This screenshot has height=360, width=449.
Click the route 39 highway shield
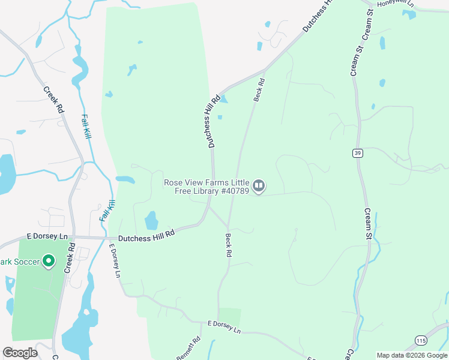click(x=358, y=154)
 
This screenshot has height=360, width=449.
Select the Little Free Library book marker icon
click(x=259, y=186)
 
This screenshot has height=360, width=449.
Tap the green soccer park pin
click(x=49, y=262)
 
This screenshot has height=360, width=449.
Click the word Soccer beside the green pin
click(x=25, y=262)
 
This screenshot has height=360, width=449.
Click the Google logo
click(x=20, y=353)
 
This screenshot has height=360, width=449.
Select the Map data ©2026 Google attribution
click(x=412, y=355)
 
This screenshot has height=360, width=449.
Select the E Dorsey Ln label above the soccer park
click(x=47, y=237)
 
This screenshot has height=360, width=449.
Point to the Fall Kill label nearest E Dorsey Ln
click(x=106, y=208)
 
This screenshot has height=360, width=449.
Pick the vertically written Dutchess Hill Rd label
click(x=212, y=123)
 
